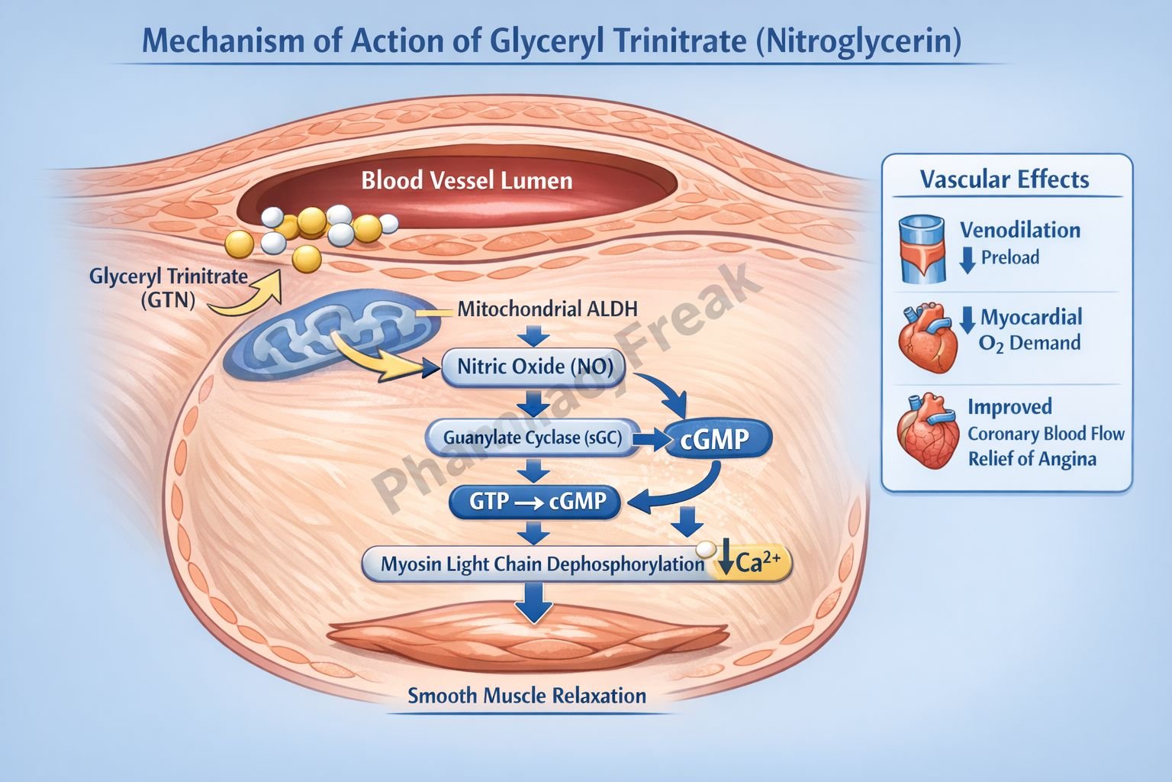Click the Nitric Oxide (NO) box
click(x=534, y=367)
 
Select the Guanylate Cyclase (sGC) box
click(x=533, y=438)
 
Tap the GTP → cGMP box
click(x=537, y=501)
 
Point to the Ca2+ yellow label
click(x=751, y=564)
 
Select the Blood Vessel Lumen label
click(x=466, y=181)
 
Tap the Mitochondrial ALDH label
click(x=547, y=309)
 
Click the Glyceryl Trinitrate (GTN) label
click(x=169, y=287)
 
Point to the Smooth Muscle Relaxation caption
click(x=526, y=696)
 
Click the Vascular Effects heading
click(x=1004, y=179)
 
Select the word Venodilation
click(x=1019, y=230)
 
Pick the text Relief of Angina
click(x=1032, y=459)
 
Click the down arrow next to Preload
click(x=968, y=259)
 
